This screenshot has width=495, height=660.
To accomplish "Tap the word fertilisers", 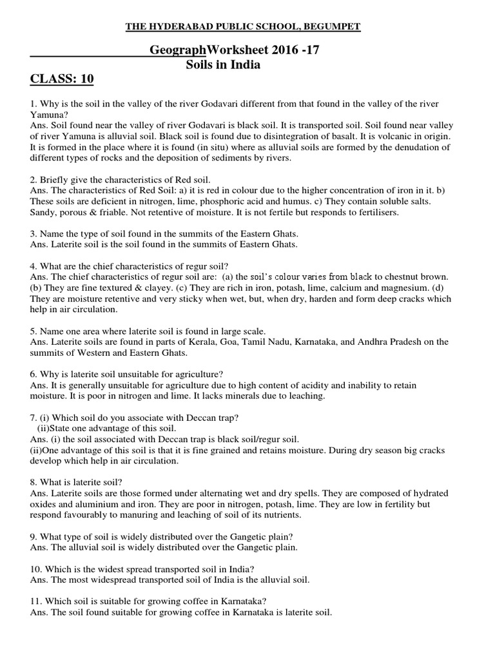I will click(x=376, y=212).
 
